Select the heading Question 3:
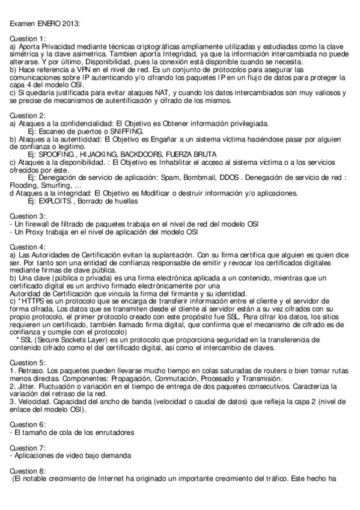(28, 216)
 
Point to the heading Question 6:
(28, 424)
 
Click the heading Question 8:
(28, 471)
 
